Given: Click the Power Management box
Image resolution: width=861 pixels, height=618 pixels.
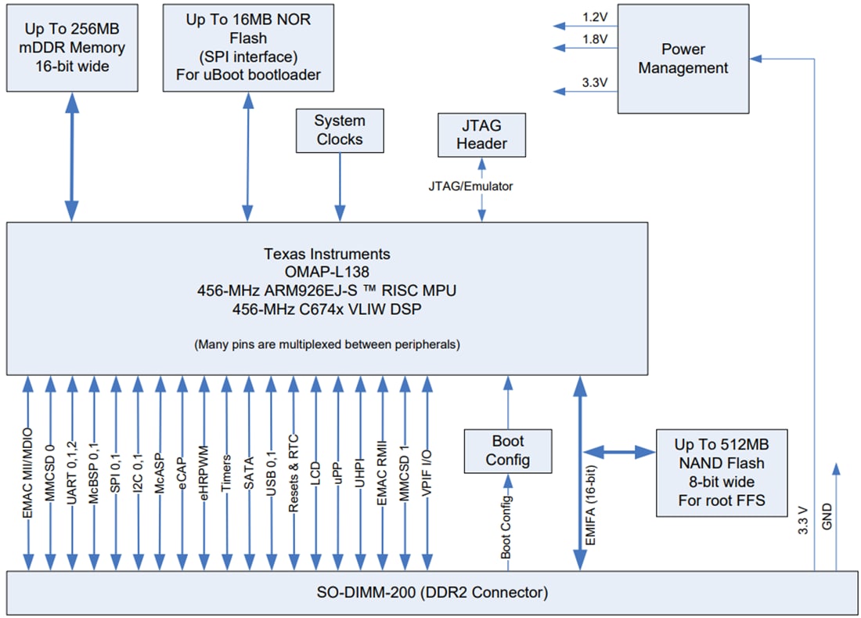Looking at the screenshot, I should (683, 60).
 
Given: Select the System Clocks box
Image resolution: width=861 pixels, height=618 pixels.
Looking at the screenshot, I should (340, 130).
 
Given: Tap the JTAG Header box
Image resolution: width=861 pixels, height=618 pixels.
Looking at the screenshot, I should (481, 134).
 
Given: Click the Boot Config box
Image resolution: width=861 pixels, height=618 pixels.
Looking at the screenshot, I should (507, 450).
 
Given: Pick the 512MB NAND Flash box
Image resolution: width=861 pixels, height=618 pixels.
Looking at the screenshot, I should (721, 472).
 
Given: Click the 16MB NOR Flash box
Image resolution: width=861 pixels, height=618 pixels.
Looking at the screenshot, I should (248, 47).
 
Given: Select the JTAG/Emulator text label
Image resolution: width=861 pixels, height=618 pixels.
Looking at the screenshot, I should (470, 186).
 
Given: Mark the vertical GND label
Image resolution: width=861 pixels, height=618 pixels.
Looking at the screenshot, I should (827, 518).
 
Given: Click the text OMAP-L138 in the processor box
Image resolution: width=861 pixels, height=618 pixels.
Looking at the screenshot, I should (326, 272).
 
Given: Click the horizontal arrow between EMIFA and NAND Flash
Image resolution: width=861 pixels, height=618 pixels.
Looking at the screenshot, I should (618, 452).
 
